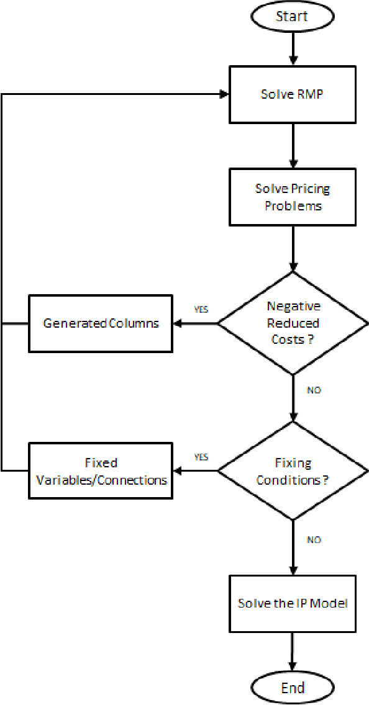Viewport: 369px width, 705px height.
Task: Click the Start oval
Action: click(292, 17)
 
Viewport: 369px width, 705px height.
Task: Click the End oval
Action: click(292, 688)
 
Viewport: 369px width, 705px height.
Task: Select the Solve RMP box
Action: click(292, 95)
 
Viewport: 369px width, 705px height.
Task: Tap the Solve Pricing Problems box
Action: click(292, 197)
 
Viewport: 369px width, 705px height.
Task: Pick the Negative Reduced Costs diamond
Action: click(292, 323)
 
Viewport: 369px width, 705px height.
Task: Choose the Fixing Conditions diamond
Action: click(292, 472)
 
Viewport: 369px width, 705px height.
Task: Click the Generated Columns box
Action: click(101, 323)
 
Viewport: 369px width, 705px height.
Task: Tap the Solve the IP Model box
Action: click(292, 603)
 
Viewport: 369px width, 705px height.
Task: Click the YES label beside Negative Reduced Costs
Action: click(201, 309)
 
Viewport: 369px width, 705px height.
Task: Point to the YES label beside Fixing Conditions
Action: click(201, 457)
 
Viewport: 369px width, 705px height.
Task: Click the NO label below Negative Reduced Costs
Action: click(314, 390)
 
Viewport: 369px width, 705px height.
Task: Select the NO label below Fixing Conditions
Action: click(314, 540)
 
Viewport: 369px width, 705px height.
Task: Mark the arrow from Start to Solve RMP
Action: click(292, 50)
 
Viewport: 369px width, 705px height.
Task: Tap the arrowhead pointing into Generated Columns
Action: click(176, 323)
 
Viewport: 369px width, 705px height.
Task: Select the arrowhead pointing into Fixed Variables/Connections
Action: click(176, 472)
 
